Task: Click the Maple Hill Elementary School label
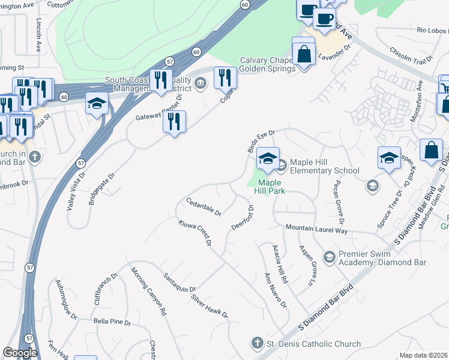(x=324, y=167)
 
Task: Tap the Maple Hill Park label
(x=271, y=187)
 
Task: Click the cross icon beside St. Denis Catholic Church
(x=257, y=343)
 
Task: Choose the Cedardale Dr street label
(x=203, y=206)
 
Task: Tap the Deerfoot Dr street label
(x=243, y=218)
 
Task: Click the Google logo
(x=20, y=353)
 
